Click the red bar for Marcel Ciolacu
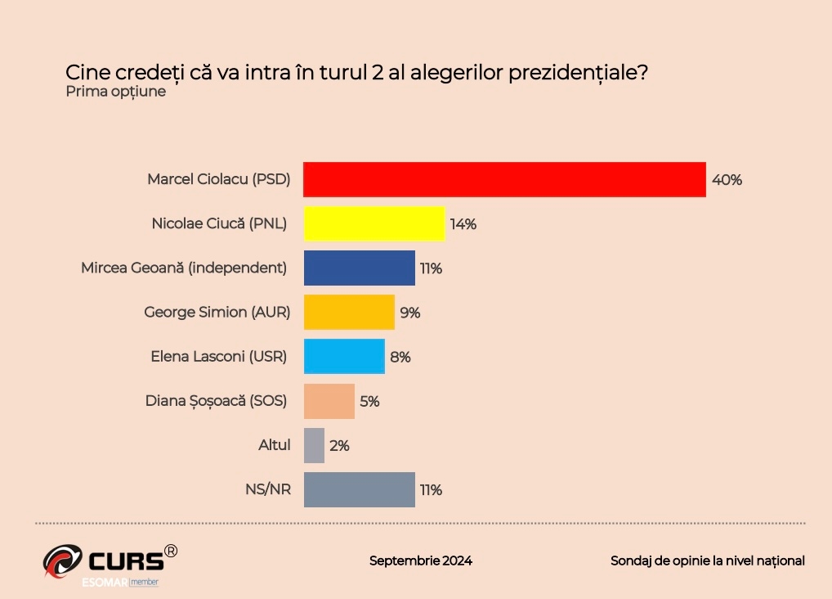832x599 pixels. tap(504, 179)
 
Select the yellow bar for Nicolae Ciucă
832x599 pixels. tap(374, 223)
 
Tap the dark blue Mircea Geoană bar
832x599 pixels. tap(359, 268)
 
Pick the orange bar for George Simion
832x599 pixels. tap(349, 312)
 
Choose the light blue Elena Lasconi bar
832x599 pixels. tap(344, 356)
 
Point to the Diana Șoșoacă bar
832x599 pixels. tap(329, 401)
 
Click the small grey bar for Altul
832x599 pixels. tap(314, 445)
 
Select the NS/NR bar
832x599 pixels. tap(359, 489)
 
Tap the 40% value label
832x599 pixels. tap(727, 180)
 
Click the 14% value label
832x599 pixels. tap(463, 224)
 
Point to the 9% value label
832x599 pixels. tap(409, 313)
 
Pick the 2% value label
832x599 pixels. tap(339, 446)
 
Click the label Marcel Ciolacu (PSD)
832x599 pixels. tap(218, 179)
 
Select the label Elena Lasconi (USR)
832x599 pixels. tap(219, 357)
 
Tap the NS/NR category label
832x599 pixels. tap(268, 490)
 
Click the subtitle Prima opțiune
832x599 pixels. tap(115, 91)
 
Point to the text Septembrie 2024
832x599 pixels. tap(420, 561)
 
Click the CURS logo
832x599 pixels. tap(110, 562)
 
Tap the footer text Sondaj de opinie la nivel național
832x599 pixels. tap(707, 561)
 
